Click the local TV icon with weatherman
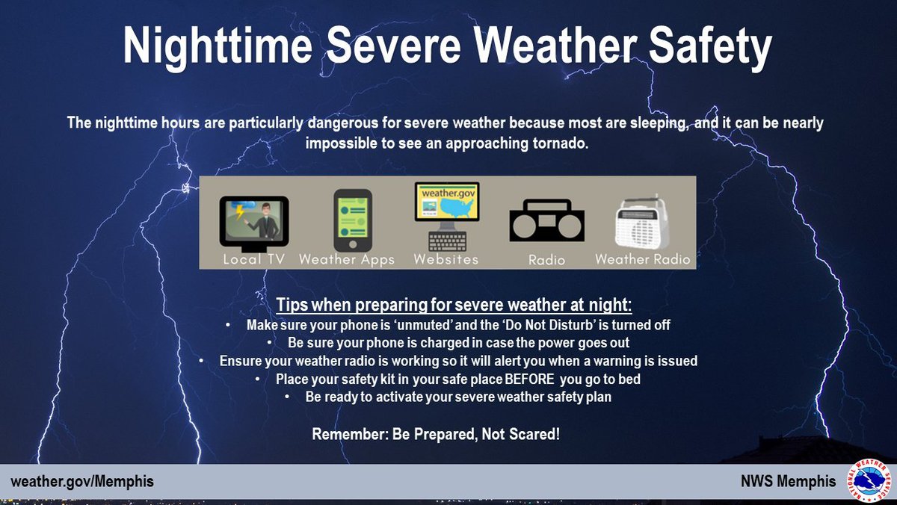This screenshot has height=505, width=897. tap(253, 223)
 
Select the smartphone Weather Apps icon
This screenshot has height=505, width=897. tap(352, 220)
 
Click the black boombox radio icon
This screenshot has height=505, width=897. tap(546, 220)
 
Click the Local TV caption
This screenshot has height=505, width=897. tap(253, 260)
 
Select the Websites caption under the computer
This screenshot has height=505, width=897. tap(446, 260)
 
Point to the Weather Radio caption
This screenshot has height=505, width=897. tap(643, 260)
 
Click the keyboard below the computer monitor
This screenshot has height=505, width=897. tap(447, 241)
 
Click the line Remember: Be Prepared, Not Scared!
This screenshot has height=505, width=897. tap(436, 434)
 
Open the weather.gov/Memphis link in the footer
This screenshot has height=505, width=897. tap(82, 482)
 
